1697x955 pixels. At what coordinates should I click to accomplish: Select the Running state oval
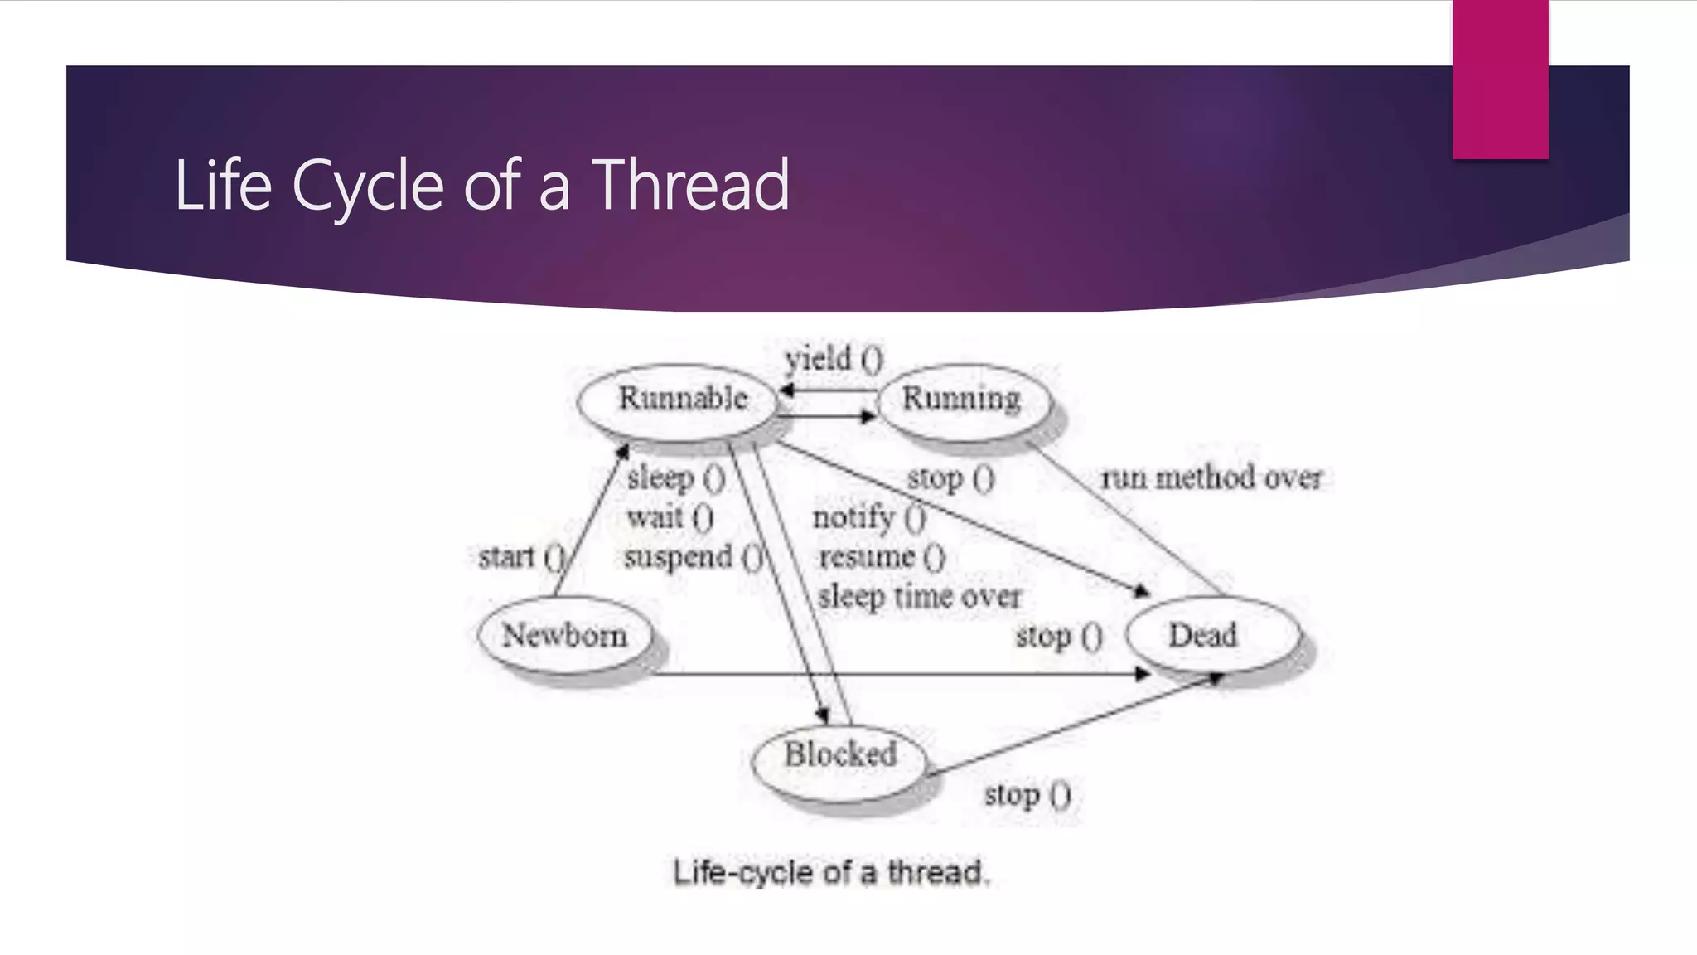pos(963,400)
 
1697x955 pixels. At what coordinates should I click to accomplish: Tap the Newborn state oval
pos(565,636)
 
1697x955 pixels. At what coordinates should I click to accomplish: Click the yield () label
pos(834,359)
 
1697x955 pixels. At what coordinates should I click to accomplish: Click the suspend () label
pos(693,557)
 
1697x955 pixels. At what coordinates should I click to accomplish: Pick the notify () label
pos(868,517)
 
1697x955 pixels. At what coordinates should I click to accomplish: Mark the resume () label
pos(882,556)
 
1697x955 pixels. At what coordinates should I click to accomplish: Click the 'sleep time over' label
pos(919,596)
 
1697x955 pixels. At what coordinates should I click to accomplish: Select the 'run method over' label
pos(1211,477)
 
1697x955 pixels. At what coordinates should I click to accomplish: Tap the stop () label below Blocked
pos(1027,795)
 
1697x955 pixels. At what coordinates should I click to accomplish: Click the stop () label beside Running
pos(950,478)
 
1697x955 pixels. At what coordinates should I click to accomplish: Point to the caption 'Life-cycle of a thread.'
pos(831,872)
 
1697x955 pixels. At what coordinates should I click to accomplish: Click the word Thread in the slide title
pos(690,185)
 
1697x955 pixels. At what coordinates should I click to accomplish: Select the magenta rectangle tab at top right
pos(1500,79)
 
